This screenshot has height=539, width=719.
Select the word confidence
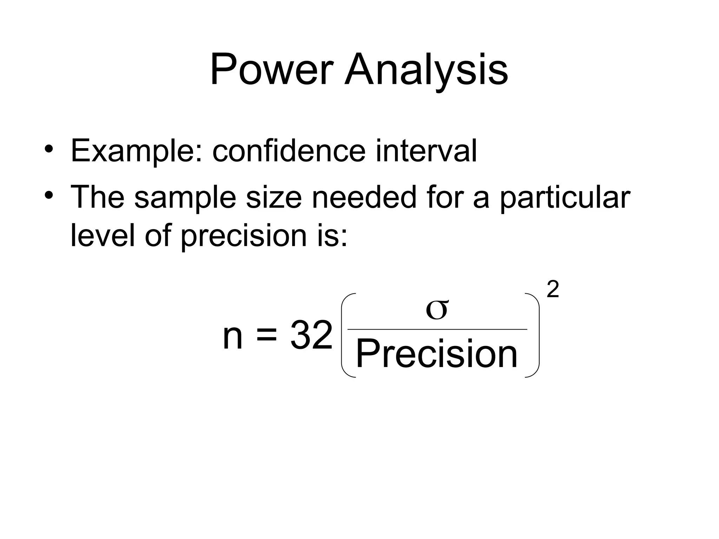coord(289,151)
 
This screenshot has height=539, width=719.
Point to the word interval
coord(426,151)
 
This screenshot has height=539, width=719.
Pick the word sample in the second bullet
coord(185,197)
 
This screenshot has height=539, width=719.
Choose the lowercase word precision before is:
coord(244,235)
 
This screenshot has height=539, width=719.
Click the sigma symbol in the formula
coord(437,310)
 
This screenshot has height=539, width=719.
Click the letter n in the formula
coord(233,337)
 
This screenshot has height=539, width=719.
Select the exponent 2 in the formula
coord(553,290)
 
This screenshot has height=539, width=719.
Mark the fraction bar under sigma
coord(437,330)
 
